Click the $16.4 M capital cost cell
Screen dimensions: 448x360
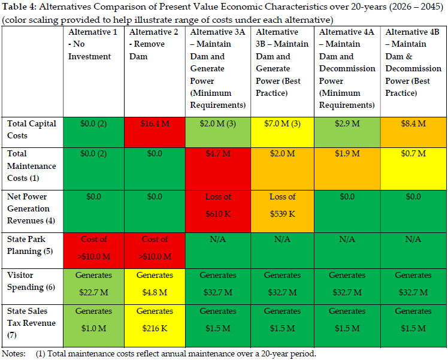155,132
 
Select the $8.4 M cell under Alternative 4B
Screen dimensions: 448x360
413,132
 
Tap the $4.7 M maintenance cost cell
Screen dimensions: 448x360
218,169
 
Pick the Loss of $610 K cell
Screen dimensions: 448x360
218,211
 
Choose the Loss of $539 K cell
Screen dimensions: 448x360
282,211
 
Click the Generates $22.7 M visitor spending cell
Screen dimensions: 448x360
93,286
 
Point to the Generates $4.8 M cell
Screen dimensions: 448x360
155,286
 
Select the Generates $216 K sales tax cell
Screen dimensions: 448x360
155,326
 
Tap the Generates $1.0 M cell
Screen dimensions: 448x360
93,326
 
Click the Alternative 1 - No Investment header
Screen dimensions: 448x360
93,44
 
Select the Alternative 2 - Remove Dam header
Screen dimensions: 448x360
154,44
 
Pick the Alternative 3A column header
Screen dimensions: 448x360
218,68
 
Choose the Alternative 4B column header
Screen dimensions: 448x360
413,62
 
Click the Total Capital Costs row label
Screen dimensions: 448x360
31,129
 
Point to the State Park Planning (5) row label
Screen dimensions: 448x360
30,245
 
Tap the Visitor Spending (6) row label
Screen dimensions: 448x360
31,281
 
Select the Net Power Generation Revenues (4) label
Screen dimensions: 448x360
31,208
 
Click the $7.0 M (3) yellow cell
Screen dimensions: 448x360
282,132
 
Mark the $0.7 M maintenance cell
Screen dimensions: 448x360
413,169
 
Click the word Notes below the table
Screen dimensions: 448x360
13,354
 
